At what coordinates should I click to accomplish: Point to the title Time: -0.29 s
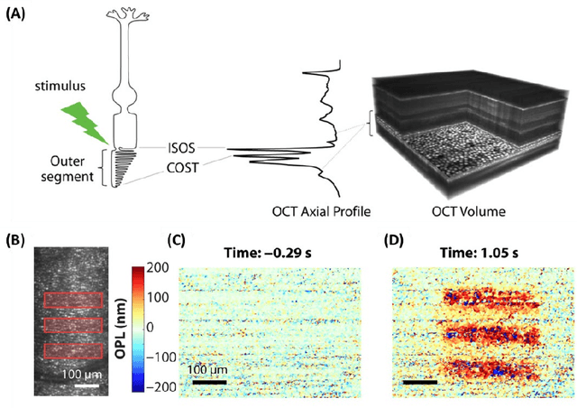(275, 254)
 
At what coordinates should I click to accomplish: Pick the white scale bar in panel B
(86, 385)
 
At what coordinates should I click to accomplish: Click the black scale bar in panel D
(419, 381)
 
